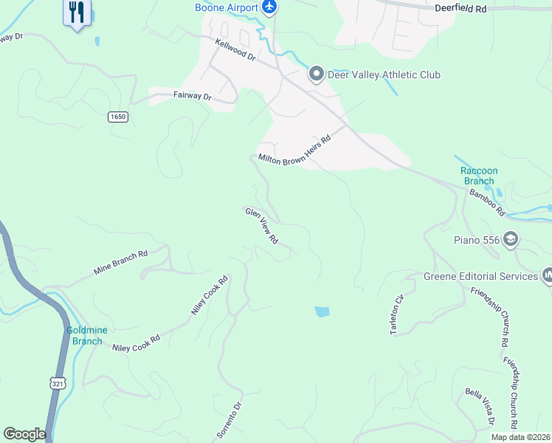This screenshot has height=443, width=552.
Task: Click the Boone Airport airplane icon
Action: [x=270, y=7]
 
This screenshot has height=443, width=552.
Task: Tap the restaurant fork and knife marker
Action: [x=77, y=12]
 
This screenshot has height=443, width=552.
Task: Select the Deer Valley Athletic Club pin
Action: [x=317, y=74]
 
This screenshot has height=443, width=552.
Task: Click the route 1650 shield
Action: [x=117, y=117]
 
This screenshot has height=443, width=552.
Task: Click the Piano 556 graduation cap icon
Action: [x=511, y=239]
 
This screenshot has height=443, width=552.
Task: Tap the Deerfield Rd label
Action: [x=460, y=9]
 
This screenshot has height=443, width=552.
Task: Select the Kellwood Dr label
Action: [x=235, y=50]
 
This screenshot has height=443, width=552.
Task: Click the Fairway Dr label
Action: [x=192, y=96]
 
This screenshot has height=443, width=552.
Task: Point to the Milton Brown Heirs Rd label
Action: [x=294, y=150]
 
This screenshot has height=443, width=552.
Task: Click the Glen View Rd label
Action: [x=261, y=226]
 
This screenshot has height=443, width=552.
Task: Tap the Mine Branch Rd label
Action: [x=121, y=262]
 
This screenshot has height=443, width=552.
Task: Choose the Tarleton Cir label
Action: [x=397, y=315]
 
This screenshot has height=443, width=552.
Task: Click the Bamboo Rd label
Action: [x=487, y=202]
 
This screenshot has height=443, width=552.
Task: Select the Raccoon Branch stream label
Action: [x=480, y=176]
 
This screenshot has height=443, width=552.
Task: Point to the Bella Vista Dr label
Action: [x=479, y=407]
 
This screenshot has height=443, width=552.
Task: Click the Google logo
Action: [x=24, y=434]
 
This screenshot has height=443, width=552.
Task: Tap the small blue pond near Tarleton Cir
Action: [x=322, y=312]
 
